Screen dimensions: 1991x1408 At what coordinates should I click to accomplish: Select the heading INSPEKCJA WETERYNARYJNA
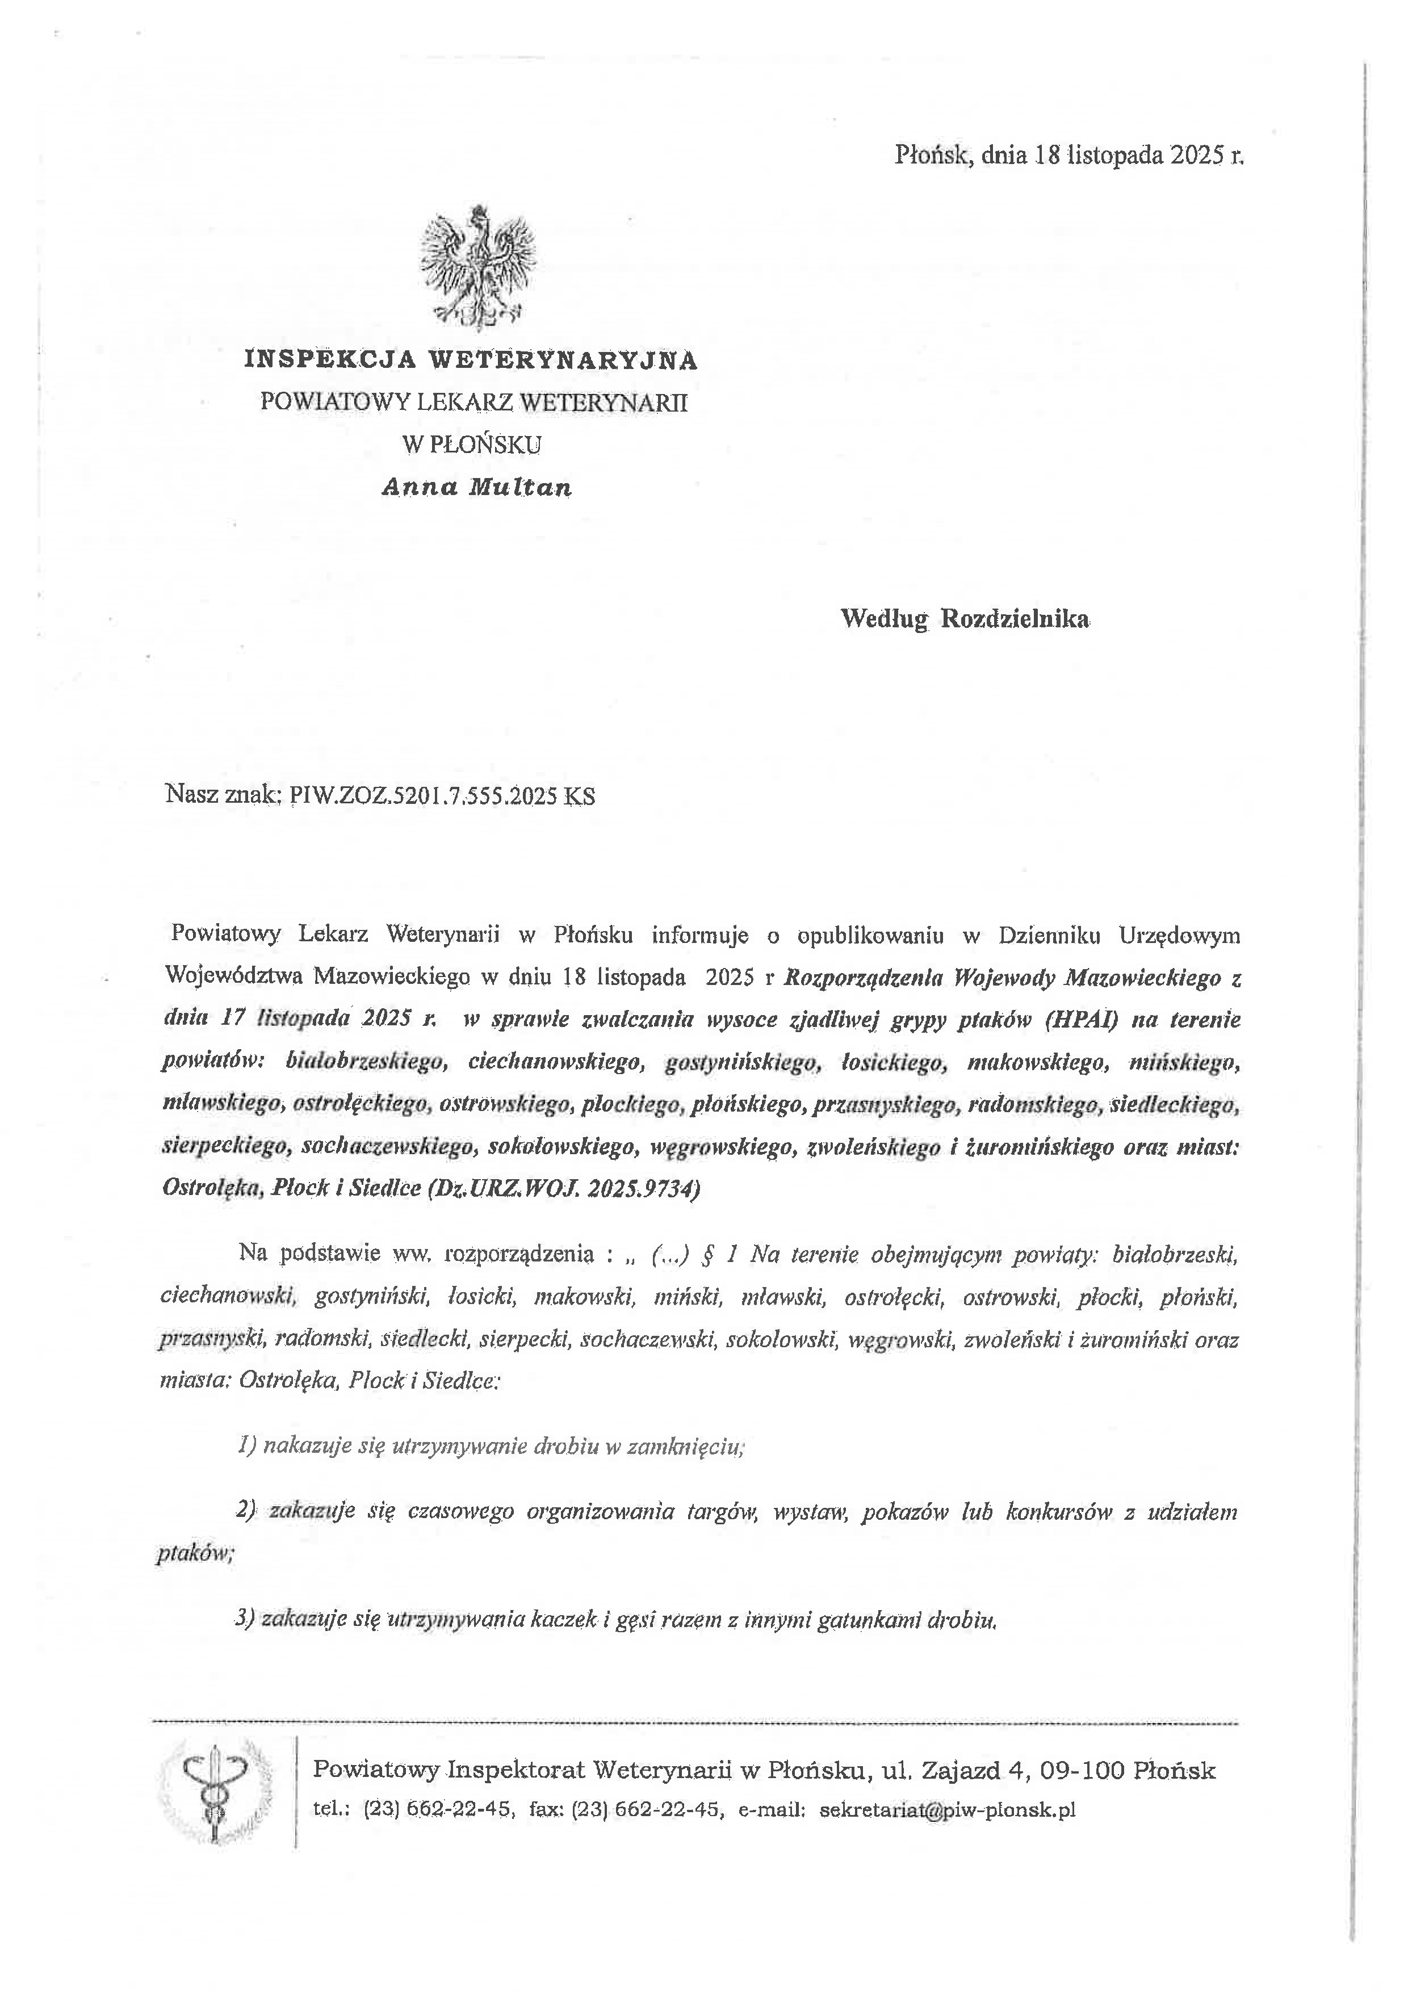[471, 360]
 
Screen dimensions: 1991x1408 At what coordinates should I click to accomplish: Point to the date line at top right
[1069, 156]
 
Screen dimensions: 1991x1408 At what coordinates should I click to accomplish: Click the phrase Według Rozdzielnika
[965, 619]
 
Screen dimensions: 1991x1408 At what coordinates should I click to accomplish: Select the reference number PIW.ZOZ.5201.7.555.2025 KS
[442, 796]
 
